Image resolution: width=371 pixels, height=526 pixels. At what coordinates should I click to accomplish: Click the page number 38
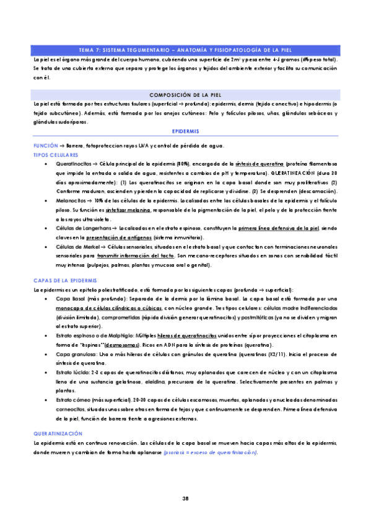point(185,498)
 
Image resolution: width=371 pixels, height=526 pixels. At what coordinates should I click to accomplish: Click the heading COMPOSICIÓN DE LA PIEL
point(185,95)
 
